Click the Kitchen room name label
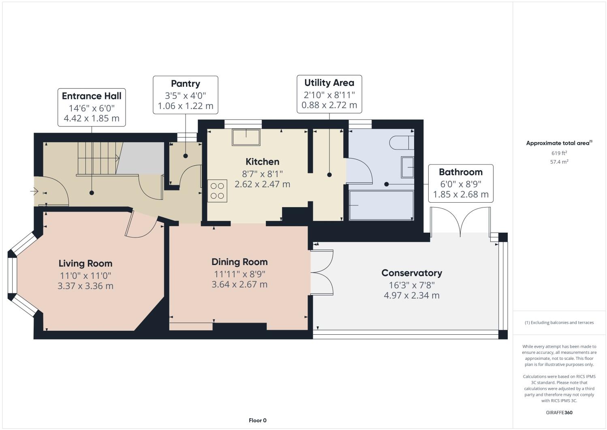pos(263,162)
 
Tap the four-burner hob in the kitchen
pos(217,191)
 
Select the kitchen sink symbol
pos(246,137)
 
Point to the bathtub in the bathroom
pos(381,206)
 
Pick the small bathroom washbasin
pos(407,167)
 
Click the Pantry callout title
pos(185,84)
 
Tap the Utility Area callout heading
pos(329,83)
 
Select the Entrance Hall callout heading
pos(92,96)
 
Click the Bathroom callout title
pos(461,172)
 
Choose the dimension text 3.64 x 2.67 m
pos(239,285)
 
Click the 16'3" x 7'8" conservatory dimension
pos(411,285)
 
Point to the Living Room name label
pos(85,263)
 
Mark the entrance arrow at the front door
pos(34,191)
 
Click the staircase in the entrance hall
pos(97,158)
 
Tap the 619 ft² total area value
pos(559,153)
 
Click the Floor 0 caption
pos(258,420)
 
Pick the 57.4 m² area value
pos(559,162)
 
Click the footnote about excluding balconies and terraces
pos(559,323)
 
